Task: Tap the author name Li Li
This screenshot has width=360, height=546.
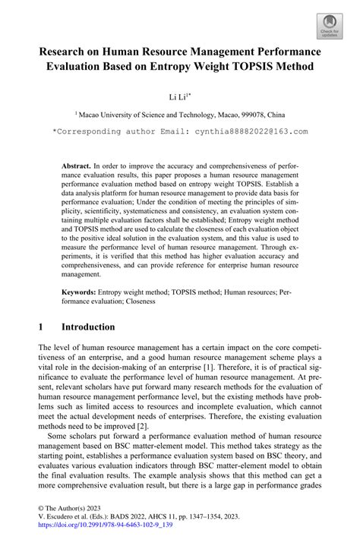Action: pyautogui.click(x=177, y=97)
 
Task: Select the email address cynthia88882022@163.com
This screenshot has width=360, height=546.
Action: pyautogui.click(x=245, y=131)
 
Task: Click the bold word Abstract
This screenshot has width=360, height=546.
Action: pyautogui.click(x=75, y=164)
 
